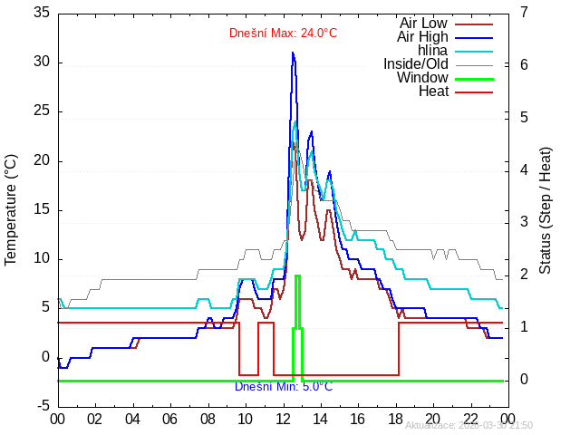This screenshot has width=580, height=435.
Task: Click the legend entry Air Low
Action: [423, 23]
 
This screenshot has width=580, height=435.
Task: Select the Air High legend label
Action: [422, 36]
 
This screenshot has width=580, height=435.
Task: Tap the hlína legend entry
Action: [432, 50]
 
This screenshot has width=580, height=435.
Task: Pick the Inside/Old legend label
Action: [415, 63]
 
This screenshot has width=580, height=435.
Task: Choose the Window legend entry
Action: [422, 77]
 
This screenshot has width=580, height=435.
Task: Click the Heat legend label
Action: [432, 91]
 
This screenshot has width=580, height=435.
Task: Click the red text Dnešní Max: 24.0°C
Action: [283, 34]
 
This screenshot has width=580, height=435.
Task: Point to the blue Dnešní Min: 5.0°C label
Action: [283, 386]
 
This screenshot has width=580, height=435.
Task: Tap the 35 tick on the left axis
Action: [42, 13]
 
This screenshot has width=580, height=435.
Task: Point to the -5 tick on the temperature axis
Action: [42, 405]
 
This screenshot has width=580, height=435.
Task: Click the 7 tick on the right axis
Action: [525, 13]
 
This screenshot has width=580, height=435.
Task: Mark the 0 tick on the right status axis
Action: [525, 380]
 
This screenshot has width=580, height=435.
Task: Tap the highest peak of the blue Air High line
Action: [293, 53]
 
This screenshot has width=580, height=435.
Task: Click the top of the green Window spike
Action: [297, 275]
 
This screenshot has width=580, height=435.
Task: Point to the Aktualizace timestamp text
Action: [469, 425]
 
